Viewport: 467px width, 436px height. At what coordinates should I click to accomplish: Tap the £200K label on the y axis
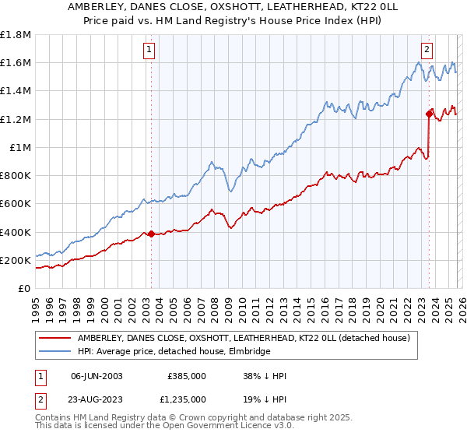(16, 260)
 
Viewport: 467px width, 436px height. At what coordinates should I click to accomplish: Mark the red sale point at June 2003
(151, 234)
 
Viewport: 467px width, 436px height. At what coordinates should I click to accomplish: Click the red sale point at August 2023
(429, 114)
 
